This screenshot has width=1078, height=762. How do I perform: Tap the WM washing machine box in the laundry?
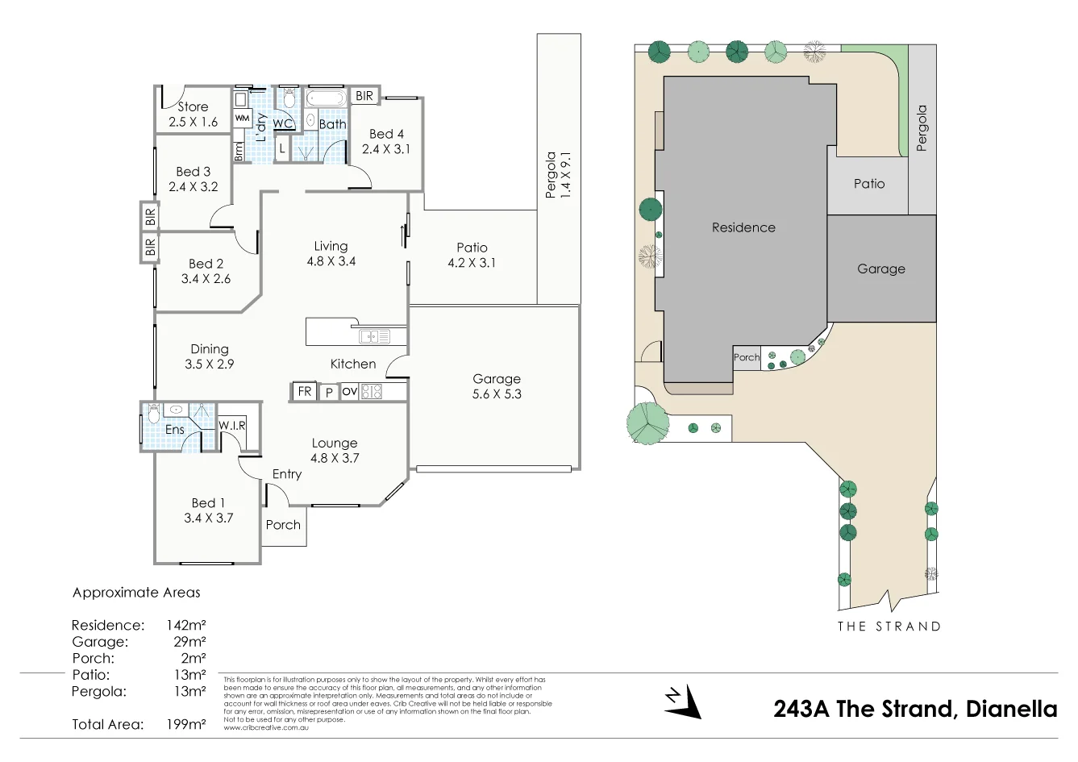coord(242,118)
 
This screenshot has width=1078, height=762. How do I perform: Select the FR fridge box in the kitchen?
coord(304,392)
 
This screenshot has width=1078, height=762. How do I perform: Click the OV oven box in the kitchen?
coord(349,392)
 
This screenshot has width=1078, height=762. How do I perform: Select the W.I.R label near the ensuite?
coord(232,426)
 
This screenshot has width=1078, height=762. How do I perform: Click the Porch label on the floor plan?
coord(283,525)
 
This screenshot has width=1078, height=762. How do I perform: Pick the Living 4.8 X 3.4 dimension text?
coord(331,261)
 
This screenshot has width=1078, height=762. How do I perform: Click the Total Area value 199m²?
coord(185,724)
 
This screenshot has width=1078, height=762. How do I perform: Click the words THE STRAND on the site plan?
coord(889,626)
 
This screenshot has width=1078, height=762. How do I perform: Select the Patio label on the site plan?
coord(868,184)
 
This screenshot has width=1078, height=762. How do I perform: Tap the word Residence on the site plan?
coord(743,227)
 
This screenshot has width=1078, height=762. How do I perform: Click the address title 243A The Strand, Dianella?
coord(914,709)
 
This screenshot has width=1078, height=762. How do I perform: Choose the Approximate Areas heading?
coord(136,593)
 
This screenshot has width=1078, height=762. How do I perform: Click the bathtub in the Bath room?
coord(326,98)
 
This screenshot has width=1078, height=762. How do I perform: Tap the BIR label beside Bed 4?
coord(364,96)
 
